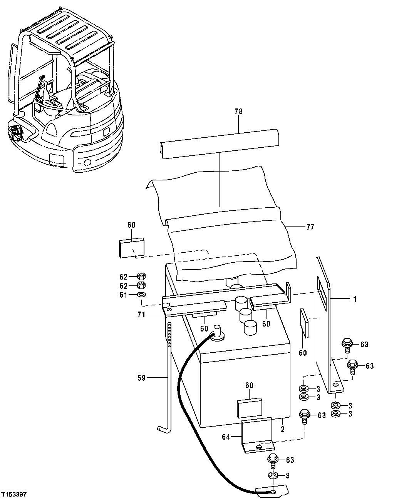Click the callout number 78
(238, 112)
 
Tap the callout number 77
(310, 227)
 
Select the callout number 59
(141, 378)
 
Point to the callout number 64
(226, 437)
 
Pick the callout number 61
(123, 295)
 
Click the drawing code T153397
(14, 493)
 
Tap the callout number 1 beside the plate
(355, 298)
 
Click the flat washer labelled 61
(141, 295)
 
